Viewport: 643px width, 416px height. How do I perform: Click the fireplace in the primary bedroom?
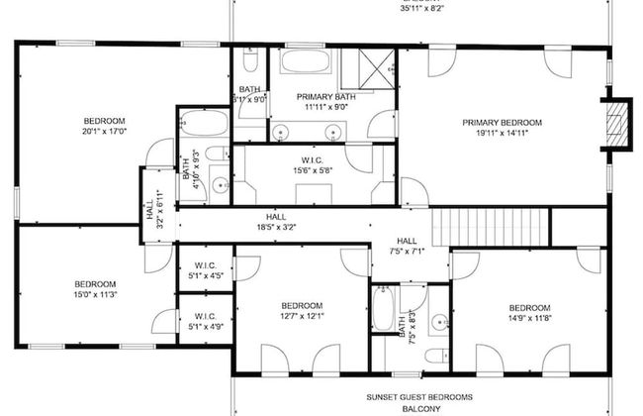tap(617, 125)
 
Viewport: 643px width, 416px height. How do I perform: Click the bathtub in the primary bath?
tap(307, 62)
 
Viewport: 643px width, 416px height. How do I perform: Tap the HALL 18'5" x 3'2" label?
tap(276, 222)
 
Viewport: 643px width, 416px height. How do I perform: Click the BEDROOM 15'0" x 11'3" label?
tap(96, 289)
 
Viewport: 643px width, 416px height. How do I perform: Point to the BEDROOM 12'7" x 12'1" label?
tap(302, 310)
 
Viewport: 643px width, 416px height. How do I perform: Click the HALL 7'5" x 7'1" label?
tap(407, 247)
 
